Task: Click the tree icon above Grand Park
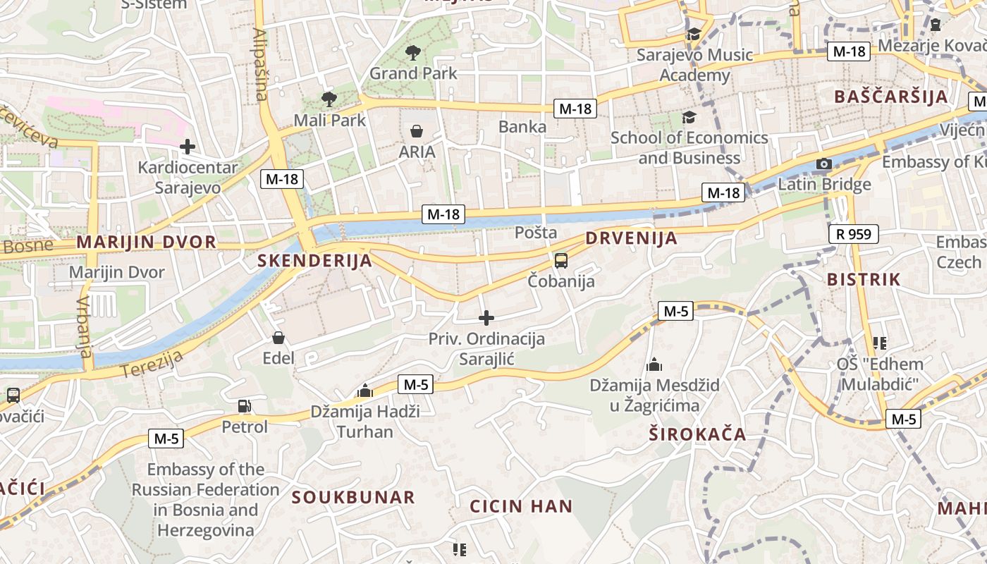point(412,52)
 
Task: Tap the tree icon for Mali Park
point(329,99)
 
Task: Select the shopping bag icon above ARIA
point(417,131)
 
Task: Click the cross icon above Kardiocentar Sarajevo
point(187,147)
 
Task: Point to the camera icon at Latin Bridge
point(823,164)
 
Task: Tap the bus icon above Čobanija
point(561,261)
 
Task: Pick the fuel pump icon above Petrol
point(244,406)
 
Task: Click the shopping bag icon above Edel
point(278,338)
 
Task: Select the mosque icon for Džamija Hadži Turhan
point(364,391)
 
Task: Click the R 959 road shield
point(854,234)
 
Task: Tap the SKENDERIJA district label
point(314,261)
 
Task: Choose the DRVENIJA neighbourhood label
point(631,238)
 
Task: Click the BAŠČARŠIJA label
point(891,97)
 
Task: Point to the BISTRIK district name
point(864,279)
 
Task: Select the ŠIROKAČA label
point(697,434)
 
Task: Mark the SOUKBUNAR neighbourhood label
point(353,497)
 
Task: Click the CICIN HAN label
point(521,506)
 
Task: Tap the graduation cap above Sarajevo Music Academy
point(694,34)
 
